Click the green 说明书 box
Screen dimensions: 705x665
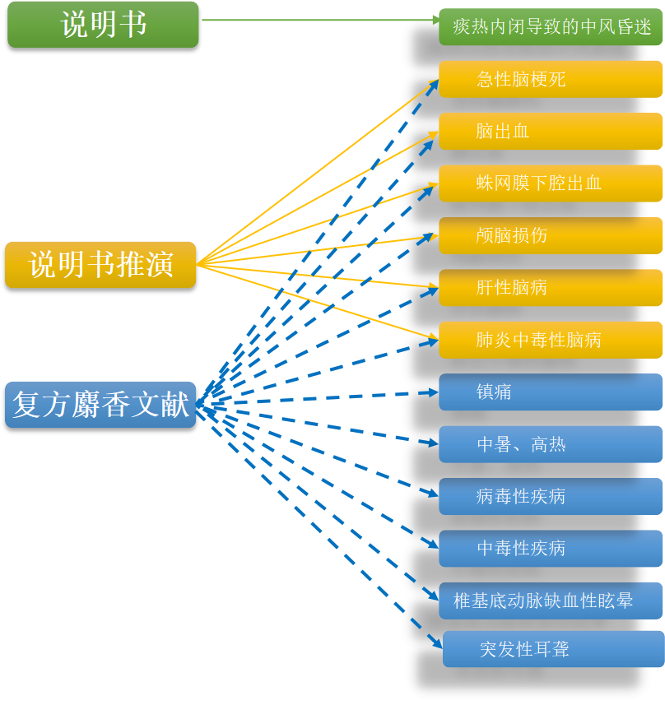click(103, 25)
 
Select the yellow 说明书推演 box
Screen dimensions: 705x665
click(100, 265)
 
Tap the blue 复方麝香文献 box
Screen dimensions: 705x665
click(100, 405)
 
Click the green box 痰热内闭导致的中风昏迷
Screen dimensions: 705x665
click(551, 27)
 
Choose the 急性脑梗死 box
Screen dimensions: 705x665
click(551, 80)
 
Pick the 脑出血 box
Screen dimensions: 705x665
click(551, 132)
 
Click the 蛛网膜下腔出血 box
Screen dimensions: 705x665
click(551, 183)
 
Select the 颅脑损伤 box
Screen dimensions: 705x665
click(551, 236)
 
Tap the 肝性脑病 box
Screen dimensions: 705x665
click(551, 288)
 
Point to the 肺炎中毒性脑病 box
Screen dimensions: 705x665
click(551, 340)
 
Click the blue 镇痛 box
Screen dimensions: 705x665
click(551, 392)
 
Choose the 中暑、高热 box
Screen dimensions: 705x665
click(551, 445)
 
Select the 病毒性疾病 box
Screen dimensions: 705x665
click(551, 497)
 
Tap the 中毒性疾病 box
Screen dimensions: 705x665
click(551, 549)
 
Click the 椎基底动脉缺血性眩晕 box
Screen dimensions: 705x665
click(551, 601)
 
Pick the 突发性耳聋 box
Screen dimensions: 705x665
click(553, 650)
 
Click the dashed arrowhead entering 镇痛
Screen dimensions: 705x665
click(433, 392)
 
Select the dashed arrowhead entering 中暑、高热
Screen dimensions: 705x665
click(433, 443)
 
